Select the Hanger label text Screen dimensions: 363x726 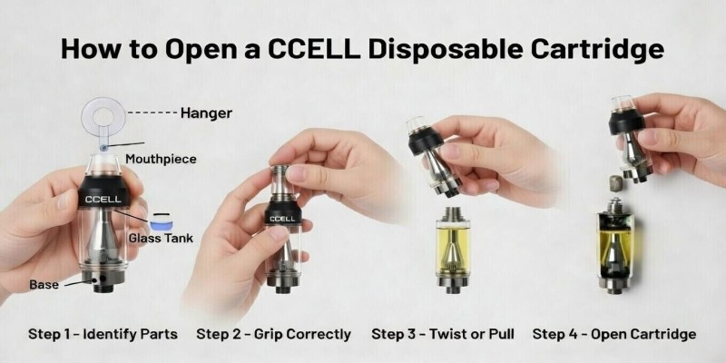pos(206,113)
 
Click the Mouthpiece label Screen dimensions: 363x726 pos(162,159)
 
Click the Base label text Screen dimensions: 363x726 pos(44,284)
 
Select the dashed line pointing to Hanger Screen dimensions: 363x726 pos(152,114)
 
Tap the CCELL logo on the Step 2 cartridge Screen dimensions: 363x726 pos(281,218)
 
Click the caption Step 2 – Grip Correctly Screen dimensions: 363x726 pos(273,334)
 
